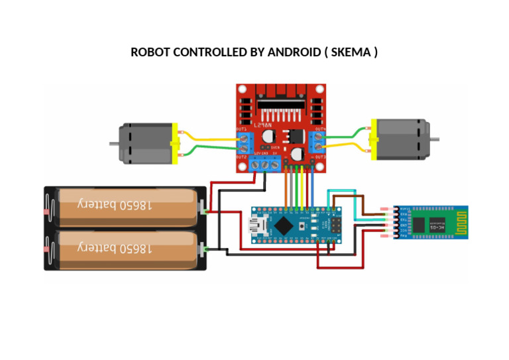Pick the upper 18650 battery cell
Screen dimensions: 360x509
click(x=126, y=205)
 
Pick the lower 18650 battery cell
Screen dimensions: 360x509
click(x=126, y=248)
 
